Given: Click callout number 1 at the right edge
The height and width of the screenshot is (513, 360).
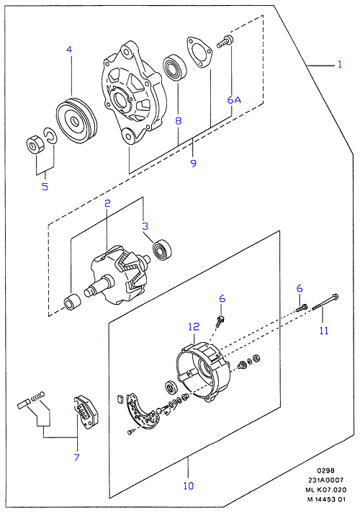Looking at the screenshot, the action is click(340, 64).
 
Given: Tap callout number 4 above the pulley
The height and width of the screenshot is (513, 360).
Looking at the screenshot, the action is click(69, 50).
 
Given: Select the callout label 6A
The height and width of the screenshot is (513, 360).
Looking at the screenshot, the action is click(234, 99).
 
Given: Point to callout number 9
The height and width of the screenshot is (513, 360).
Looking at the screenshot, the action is click(194, 163).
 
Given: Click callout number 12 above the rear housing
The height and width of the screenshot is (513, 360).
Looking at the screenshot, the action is click(194, 326).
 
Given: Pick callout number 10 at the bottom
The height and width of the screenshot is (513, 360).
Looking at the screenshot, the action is click(189, 486).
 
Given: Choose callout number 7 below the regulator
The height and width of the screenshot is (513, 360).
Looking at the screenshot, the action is click(77, 457).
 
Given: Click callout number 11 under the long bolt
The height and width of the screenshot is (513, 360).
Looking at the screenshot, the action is click(324, 331).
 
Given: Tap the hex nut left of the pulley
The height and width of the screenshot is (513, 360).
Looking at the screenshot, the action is click(35, 144).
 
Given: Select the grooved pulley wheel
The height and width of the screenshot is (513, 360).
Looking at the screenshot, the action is click(76, 120).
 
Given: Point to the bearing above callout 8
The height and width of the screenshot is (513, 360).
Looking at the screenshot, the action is click(175, 68).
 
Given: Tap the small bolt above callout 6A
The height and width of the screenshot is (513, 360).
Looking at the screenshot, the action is click(225, 43).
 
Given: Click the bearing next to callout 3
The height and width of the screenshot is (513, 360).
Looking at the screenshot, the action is click(162, 249).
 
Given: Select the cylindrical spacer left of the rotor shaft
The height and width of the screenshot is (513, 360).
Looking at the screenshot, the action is click(72, 302).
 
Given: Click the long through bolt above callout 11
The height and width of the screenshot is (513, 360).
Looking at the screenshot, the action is click(325, 302).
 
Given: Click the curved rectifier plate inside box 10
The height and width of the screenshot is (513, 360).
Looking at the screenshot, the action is click(141, 412).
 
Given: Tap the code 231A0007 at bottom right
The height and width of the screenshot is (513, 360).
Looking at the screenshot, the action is click(325, 480).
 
